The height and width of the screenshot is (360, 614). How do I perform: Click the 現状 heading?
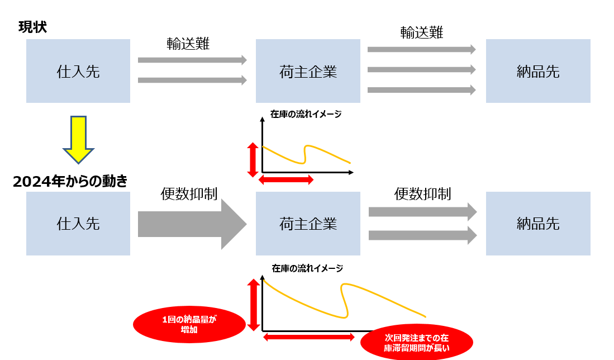(x=32, y=27)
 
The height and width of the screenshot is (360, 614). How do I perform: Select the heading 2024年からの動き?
(x=70, y=181)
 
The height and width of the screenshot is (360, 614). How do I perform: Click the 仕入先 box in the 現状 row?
(x=78, y=71)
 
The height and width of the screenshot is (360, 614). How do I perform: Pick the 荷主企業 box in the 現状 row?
(x=308, y=71)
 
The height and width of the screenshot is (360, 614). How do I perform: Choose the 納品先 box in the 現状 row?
(x=538, y=71)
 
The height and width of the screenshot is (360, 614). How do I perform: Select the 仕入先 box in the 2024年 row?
(x=78, y=224)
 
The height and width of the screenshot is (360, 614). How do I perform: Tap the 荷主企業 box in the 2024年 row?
(x=308, y=224)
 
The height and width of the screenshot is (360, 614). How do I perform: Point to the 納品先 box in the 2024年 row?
(x=538, y=224)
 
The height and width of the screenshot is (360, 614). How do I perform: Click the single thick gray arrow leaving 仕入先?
(x=190, y=224)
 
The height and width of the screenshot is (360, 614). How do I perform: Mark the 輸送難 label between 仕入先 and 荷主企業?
(x=188, y=44)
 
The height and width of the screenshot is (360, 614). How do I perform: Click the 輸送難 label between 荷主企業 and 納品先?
(x=422, y=32)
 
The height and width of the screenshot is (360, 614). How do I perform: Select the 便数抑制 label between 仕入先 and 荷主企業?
(x=189, y=193)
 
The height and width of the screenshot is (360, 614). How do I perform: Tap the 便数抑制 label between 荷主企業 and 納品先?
(x=422, y=193)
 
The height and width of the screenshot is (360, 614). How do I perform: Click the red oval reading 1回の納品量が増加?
(x=189, y=325)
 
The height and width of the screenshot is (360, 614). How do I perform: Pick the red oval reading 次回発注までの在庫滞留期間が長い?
(x=417, y=343)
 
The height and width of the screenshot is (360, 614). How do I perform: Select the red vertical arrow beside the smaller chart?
(x=253, y=159)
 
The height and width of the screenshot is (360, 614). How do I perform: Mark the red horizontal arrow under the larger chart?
(x=308, y=337)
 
